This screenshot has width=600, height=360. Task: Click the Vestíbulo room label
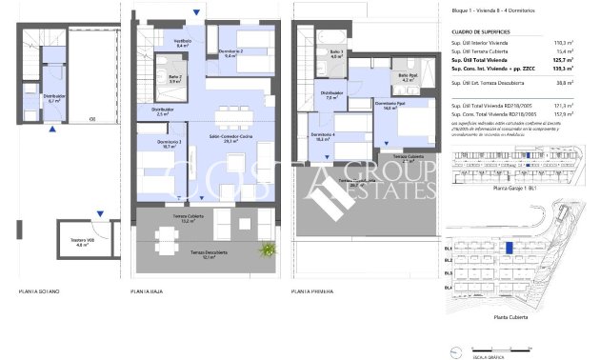point(185,44)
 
